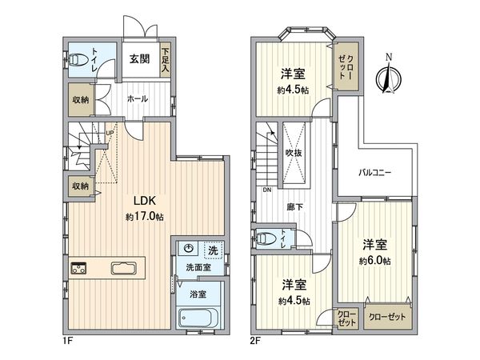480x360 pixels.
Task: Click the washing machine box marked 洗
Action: tap(212, 250)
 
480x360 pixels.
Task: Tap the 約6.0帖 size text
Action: tap(374, 261)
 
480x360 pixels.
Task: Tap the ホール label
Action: tap(136, 98)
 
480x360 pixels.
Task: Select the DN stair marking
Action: tap(266, 190)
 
